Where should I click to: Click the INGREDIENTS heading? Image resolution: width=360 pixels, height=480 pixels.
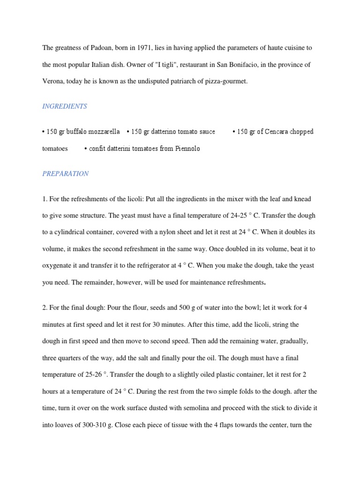(x=65, y=106)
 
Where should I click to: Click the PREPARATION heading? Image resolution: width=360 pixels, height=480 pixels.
(x=65, y=173)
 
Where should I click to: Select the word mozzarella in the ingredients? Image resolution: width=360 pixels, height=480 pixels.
(x=105, y=132)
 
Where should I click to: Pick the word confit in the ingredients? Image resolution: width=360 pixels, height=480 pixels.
(x=97, y=149)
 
